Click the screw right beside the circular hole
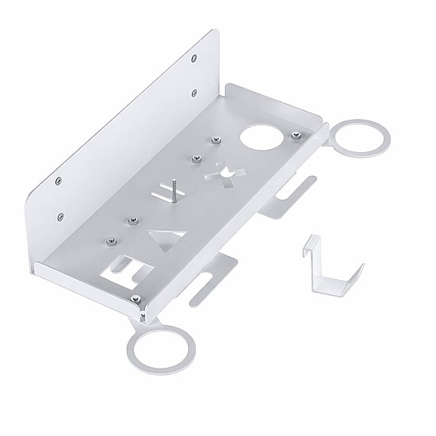pos(295,136)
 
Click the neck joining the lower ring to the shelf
pos(143,317)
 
